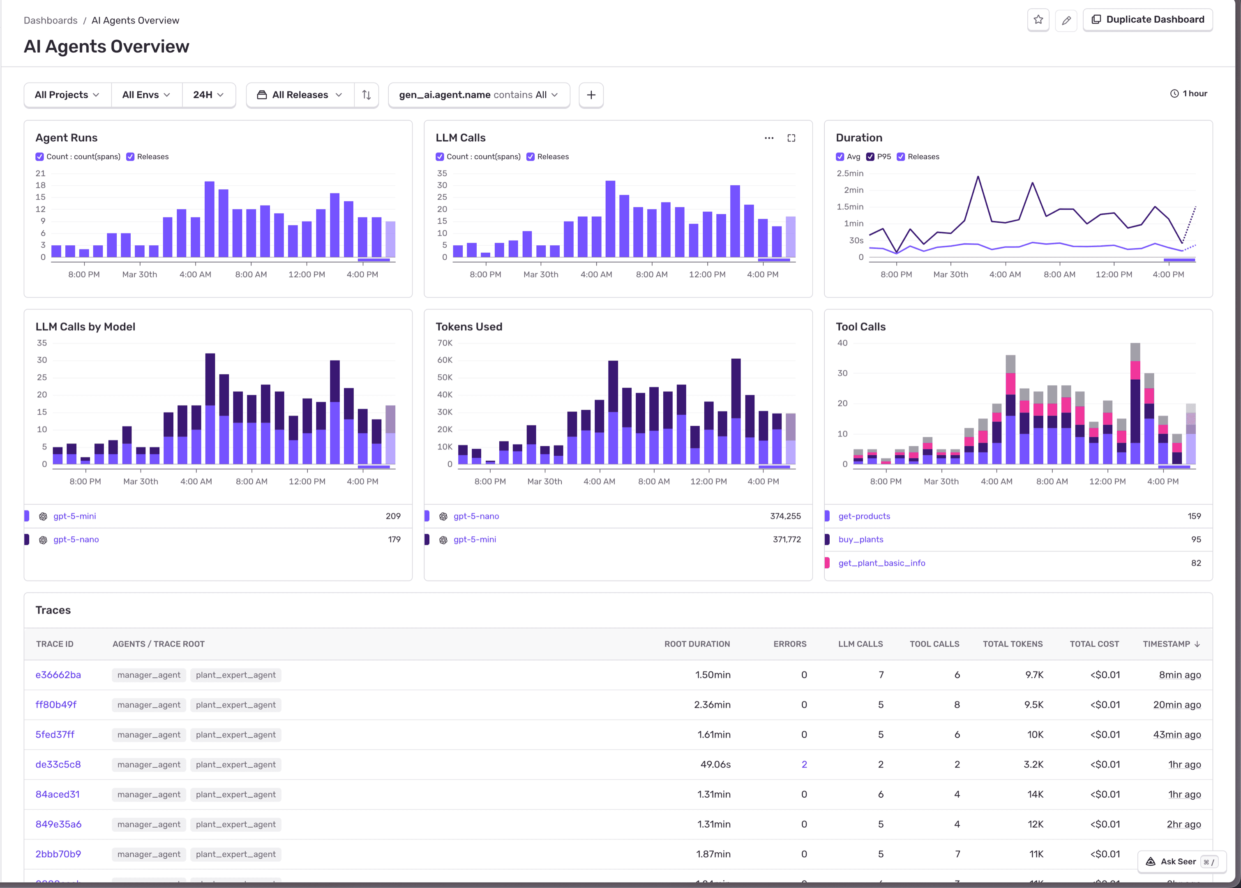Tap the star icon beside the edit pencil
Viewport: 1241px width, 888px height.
[x=1038, y=20]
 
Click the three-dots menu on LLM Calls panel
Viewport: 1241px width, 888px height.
[x=769, y=138]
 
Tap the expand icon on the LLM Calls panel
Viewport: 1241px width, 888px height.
[x=791, y=138]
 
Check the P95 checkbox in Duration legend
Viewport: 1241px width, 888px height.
[x=870, y=157]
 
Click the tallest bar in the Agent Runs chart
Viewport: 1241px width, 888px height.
[x=210, y=219]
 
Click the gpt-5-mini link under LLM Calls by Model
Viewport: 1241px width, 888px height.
[x=74, y=516]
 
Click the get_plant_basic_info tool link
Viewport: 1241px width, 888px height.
[x=881, y=563]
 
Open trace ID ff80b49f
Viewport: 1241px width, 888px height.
[x=56, y=705]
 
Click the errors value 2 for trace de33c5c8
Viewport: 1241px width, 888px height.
[x=804, y=764]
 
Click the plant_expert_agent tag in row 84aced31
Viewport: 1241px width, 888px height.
[x=235, y=794]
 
